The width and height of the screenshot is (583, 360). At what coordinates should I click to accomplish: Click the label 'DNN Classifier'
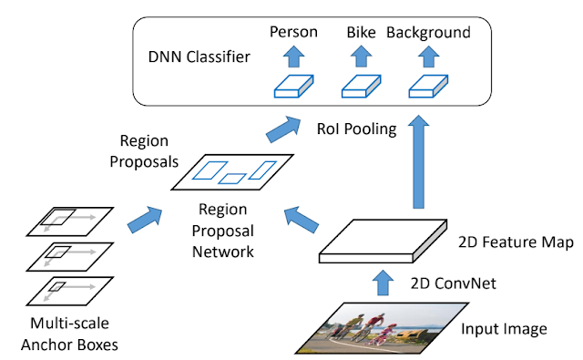coord(199,57)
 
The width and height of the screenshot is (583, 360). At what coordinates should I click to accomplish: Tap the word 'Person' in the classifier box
coord(293,32)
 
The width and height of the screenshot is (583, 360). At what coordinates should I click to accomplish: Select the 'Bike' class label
coord(361,33)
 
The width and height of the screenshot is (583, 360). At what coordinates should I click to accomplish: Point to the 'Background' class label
coord(428,33)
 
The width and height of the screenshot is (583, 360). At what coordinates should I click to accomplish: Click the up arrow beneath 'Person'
coord(293,57)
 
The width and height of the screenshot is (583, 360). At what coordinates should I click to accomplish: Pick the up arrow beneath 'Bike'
coord(361,57)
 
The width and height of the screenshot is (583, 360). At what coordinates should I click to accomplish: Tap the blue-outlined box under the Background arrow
coord(428,87)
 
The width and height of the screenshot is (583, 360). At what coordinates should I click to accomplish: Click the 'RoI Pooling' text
coord(356,129)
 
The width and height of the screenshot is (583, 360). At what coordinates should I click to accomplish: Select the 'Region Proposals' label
coord(144,151)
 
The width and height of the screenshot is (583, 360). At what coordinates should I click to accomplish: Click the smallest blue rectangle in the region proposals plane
coord(232,179)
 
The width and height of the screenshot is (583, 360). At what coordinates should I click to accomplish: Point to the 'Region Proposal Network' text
coord(222,231)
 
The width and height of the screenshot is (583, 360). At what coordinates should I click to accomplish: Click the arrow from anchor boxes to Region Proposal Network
coord(145,220)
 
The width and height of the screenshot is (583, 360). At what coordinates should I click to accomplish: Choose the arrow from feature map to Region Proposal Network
coord(302,220)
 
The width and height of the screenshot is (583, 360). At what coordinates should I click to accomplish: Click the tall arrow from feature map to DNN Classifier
coord(419,162)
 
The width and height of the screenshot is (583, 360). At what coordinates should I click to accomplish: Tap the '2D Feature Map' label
coord(516,242)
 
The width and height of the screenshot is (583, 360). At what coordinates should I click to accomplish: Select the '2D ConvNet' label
coord(454,283)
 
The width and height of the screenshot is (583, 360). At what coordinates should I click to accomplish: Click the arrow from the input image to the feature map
coord(383,283)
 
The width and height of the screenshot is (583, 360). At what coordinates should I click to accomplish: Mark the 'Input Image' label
coord(504,329)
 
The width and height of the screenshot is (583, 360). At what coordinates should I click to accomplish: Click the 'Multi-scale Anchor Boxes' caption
coord(69,334)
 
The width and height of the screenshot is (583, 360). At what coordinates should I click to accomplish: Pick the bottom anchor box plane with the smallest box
coord(69,292)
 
